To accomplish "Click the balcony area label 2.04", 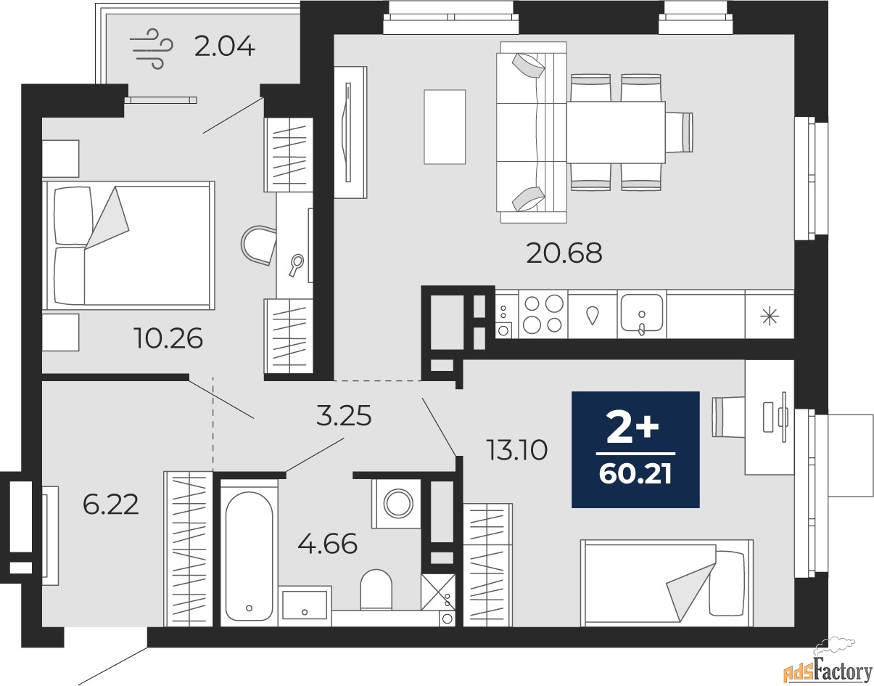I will click(x=224, y=47).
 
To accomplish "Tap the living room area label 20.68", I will click(x=564, y=253).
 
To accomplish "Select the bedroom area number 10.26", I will click(x=168, y=338).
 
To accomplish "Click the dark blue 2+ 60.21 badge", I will click(x=635, y=449).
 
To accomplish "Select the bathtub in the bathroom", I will click(x=249, y=552).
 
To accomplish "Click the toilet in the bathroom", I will click(x=376, y=588).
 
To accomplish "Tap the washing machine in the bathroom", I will click(x=396, y=502).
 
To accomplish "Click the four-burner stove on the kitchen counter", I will click(x=543, y=314).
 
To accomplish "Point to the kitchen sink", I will click(x=641, y=314).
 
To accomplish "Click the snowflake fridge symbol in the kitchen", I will click(x=769, y=315).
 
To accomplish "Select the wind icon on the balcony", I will click(x=152, y=48).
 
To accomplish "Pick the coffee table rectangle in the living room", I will click(x=444, y=127).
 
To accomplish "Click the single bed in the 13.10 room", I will click(x=666, y=582).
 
